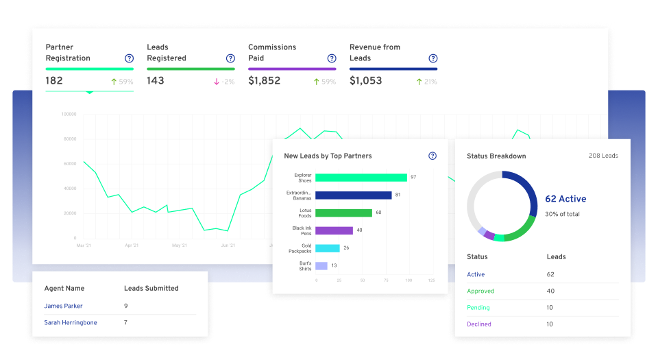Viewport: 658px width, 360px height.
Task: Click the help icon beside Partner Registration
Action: pyautogui.click(x=129, y=58)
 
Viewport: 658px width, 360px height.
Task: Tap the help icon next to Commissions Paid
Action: pyautogui.click(x=332, y=58)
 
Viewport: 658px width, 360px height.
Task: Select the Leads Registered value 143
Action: pyautogui.click(x=156, y=81)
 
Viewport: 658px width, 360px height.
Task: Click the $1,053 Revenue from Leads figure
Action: pyautogui.click(x=365, y=81)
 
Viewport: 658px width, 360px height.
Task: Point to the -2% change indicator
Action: pyautogui.click(x=224, y=82)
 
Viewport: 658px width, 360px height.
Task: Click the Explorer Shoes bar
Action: pyautogui.click(x=361, y=178)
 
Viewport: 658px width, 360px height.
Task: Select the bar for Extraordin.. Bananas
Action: pyautogui.click(x=354, y=195)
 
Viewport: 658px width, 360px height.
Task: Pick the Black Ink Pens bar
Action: pyautogui.click(x=334, y=231)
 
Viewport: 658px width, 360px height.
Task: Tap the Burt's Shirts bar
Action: pyautogui.click(x=321, y=266)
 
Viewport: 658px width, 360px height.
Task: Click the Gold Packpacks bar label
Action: pyautogui.click(x=302, y=248)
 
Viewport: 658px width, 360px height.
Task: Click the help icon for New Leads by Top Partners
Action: pyautogui.click(x=432, y=156)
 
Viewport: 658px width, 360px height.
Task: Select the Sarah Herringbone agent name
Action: pyautogui.click(x=71, y=323)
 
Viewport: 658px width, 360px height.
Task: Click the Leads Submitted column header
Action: pyautogui.click(x=151, y=289)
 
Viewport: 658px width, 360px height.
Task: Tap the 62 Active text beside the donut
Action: pyautogui.click(x=565, y=200)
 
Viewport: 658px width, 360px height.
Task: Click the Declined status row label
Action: pyautogui.click(x=479, y=324)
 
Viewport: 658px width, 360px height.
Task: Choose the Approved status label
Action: pyautogui.click(x=480, y=291)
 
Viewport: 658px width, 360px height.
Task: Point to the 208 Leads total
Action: pyautogui.click(x=603, y=156)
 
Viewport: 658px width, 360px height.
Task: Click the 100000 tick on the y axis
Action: pyautogui.click(x=69, y=115)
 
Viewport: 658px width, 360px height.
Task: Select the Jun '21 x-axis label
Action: pyautogui.click(x=228, y=245)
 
